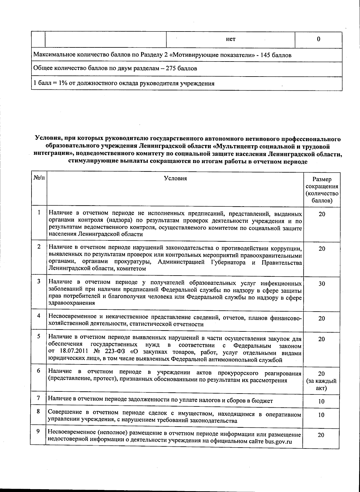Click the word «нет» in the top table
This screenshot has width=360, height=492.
click(x=230, y=39)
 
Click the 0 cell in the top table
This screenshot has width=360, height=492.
click(x=318, y=39)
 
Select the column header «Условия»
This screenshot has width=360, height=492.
click(x=175, y=179)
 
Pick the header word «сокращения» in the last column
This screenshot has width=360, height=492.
click(x=322, y=186)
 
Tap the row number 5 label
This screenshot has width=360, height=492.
click(x=39, y=336)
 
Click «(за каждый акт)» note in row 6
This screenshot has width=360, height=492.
click(x=321, y=385)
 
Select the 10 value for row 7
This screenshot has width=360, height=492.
click(x=321, y=401)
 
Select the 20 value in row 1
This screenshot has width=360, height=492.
click(x=322, y=214)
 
